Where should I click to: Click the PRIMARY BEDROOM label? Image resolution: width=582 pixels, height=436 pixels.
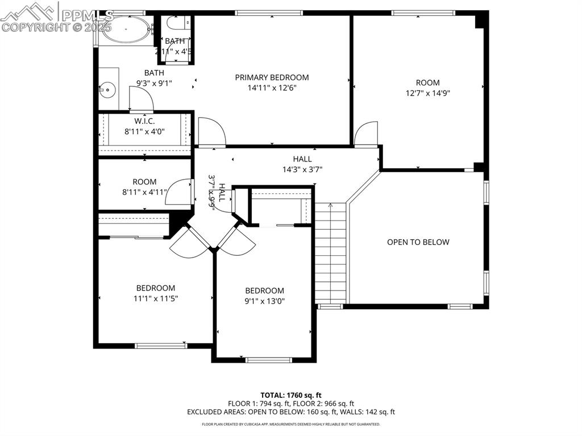pos(272,77)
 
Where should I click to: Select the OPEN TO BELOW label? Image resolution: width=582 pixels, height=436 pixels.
pos(418,242)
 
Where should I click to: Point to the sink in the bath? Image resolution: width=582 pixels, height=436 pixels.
pos(106,89)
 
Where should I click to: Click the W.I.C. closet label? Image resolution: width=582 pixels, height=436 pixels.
pos(144,121)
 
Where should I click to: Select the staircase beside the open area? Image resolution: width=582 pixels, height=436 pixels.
pos(330,253)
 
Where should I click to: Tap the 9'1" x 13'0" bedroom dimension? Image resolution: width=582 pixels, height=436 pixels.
pos(264,301)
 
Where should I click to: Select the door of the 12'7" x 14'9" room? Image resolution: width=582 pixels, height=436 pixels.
pos(365,135)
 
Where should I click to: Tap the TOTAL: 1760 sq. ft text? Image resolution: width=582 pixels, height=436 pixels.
pos(291,395)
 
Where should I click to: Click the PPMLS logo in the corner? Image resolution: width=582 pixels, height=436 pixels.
pos(57,16)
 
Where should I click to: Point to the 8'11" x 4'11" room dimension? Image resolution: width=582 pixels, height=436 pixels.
pos(144,192)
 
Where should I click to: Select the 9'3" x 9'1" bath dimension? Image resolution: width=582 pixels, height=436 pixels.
pos(154,83)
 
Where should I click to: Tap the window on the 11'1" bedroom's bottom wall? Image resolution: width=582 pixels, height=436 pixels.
pos(160,345)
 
